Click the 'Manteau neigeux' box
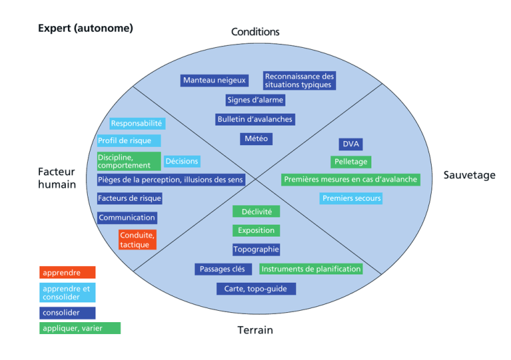tap(214, 81)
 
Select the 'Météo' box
tap(256, 139)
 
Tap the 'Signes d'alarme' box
tap(255, 100)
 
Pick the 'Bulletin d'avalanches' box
tap(255, 119)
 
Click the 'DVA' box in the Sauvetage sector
tap(351, 144)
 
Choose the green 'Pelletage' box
tap(351, 162)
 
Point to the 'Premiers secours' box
tap(351, 198)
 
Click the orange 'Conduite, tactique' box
tap(137, 240)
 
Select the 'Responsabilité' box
tap(137, 124)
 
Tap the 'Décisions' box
tap(182, 161)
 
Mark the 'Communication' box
tap(127, 218)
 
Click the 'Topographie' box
tap(256, 250)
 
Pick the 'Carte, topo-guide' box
tap(256, 289)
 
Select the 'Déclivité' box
tap(256, 212)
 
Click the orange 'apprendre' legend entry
tap(67, 272)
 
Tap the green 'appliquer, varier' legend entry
tap(80, 328)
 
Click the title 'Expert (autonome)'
tap(85, 28)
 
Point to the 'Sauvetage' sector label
tap(469, 175)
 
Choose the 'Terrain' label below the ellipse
tap(255, 330)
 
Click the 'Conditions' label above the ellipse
tap(255, 31)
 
